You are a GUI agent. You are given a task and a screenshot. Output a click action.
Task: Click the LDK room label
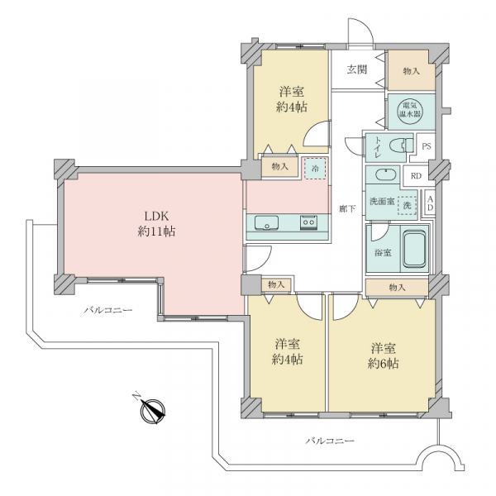(156, 224)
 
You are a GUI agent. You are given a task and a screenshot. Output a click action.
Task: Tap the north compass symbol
(152, 410)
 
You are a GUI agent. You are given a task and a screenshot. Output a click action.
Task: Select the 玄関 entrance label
(357, 69)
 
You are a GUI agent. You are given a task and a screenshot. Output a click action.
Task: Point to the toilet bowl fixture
(401, 146)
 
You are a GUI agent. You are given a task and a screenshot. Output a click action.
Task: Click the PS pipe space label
(427, 146)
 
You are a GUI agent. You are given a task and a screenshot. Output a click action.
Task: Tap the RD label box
(417, 176)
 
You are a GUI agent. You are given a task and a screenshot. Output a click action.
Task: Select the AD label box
(430, 203)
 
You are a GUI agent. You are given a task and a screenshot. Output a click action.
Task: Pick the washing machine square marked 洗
(407, 206)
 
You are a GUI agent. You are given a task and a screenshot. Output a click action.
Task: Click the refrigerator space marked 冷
(315, 169)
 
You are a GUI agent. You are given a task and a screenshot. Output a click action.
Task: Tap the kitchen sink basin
(266, 222)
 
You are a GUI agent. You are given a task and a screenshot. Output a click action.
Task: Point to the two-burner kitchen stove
(308, 222)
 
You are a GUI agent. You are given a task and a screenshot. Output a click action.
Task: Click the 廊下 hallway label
(347, 209)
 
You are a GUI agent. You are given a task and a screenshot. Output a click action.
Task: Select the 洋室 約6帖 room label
(383, 355)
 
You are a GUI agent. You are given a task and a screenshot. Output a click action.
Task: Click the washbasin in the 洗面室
(385, 174)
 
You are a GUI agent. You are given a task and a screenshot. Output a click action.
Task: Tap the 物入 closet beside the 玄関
(411, 71)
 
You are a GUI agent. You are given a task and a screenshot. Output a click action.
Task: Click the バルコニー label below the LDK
(107, 310)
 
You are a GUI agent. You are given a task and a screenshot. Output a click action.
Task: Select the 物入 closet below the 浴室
(397, 288)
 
